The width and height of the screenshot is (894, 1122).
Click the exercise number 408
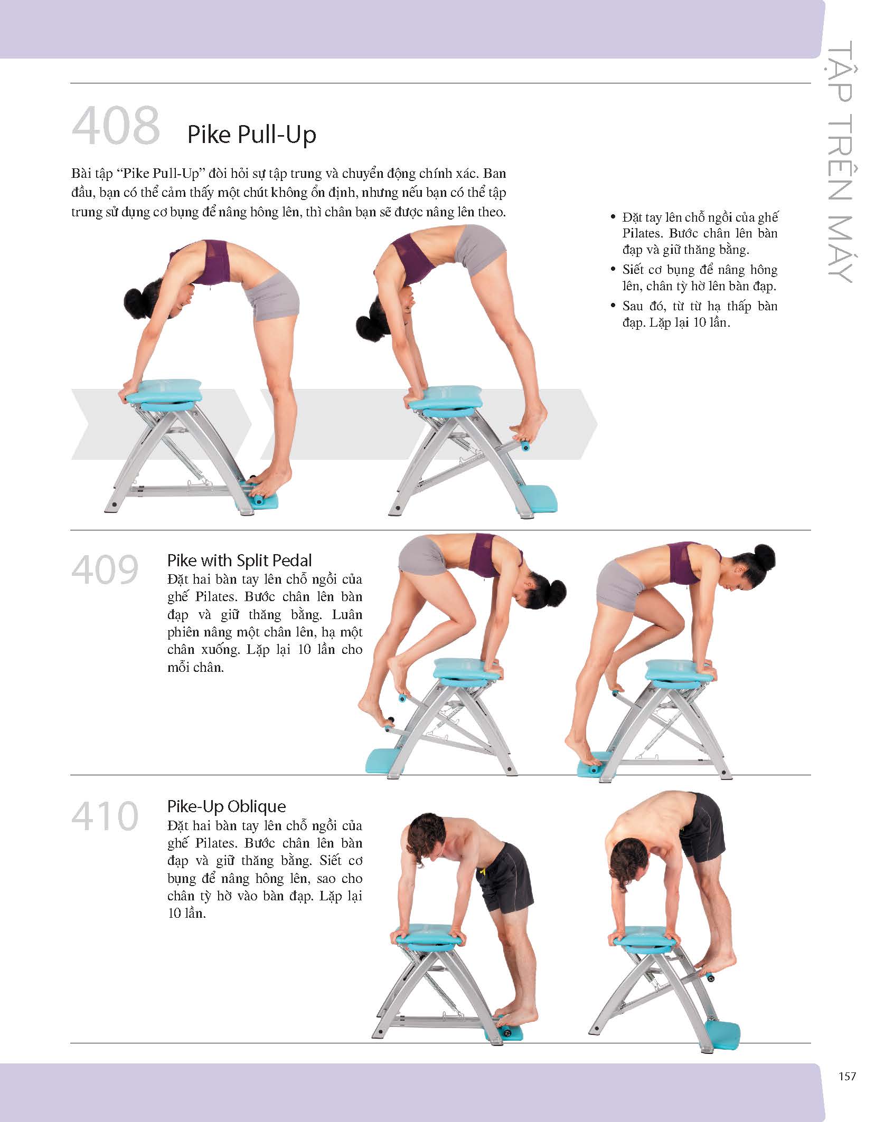coord(116,125)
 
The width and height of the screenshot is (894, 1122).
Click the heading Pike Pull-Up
coord(252,135)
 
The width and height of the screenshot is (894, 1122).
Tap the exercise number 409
coord(105,570)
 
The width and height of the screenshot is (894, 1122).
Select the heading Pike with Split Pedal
coord(239,560)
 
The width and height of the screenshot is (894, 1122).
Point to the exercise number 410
coord(105,816)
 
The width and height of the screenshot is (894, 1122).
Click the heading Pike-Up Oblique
coord(227,806)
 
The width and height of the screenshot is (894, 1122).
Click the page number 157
coord(847,1076)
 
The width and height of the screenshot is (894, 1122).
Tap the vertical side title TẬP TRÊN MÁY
coord(840,163)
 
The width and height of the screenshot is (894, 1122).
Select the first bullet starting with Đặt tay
coord(694,233)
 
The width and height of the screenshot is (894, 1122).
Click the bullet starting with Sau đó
coord(694,314)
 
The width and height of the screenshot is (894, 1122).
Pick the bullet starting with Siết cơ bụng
coord(694,278)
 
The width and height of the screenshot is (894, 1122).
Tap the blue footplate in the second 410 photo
coord(722,1034)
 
